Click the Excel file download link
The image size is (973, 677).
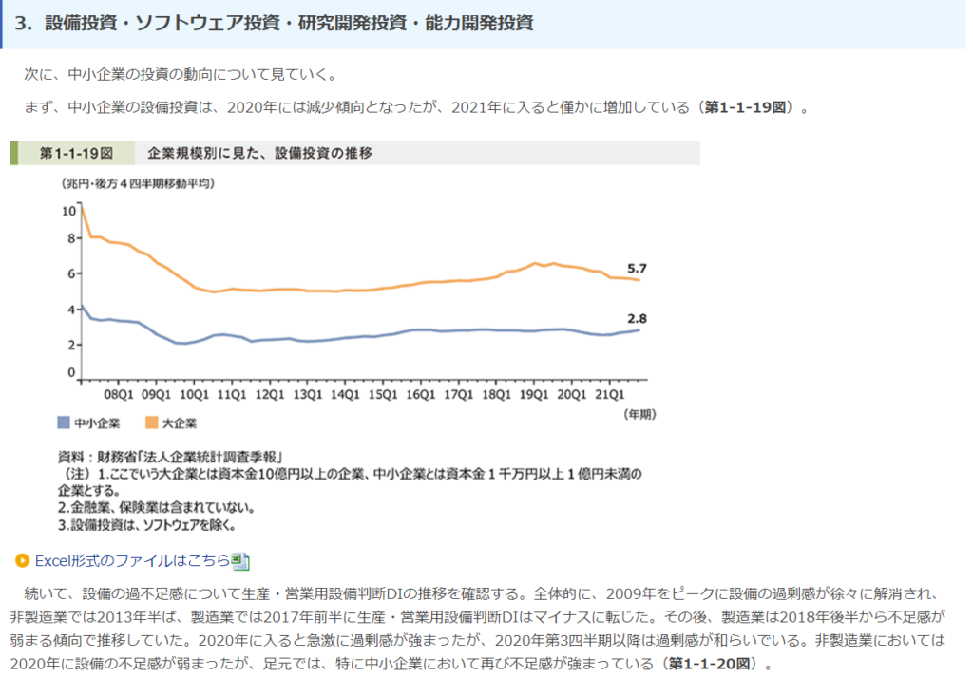click(132, 560)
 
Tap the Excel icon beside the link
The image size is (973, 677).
click(240, 561)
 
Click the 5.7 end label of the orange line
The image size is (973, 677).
click(637, 269)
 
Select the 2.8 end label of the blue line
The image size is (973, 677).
click(637, 319)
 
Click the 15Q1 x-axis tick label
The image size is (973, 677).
click(382, 393)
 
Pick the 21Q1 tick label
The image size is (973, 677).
click(609, 393)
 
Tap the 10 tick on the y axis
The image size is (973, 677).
click(67, 210)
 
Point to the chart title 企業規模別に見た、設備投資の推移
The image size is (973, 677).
click(259, 153)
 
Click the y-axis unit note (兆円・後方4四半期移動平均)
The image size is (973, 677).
click(137, 183)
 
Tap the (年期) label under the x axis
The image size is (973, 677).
click(639, 414)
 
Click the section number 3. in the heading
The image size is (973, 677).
click(24, 24)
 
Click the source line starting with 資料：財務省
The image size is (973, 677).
click(171, 455)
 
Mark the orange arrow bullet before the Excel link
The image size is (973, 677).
click(22, 560)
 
